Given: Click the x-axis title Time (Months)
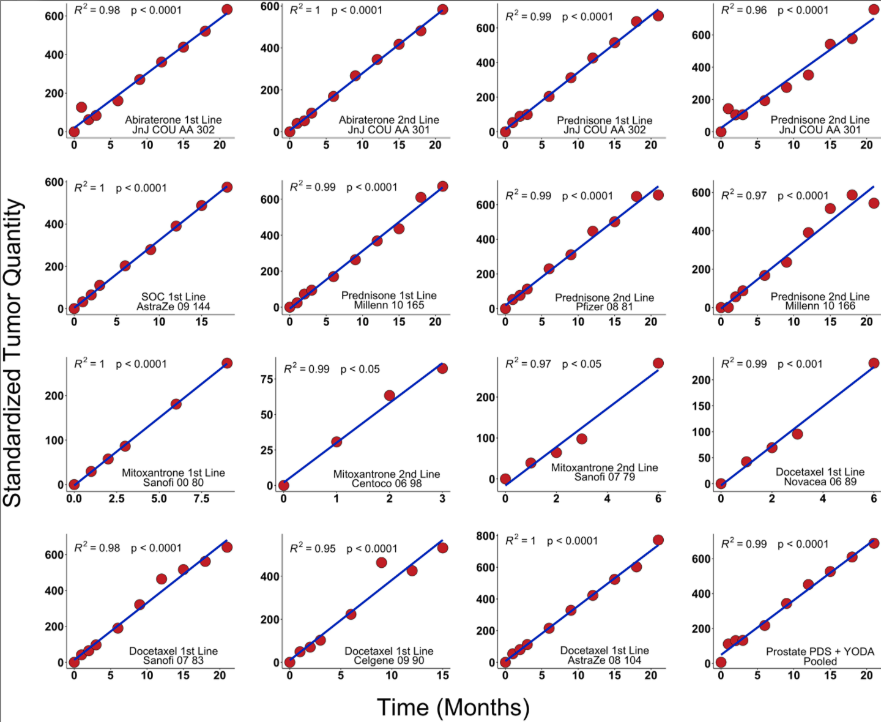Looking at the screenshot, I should pos(453,707).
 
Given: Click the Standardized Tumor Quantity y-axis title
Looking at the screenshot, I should pos(13,353).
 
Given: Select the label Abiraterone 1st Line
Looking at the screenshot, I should pos(173,120).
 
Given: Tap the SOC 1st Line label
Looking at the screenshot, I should pos(173,297).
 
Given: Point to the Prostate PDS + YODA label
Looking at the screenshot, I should pos(820,652).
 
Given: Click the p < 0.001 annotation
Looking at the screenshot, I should pos(800,364).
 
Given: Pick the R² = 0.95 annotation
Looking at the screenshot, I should pos(313,548).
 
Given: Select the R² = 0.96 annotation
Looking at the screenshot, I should pos(743,10).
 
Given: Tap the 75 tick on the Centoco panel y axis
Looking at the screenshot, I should pos(267,379).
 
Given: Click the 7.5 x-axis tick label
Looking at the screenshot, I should pos(201,499).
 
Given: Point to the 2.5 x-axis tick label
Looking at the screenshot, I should pos(116,499).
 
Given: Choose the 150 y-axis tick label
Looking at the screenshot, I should pos(702,406).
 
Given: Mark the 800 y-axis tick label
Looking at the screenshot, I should pos(486,536).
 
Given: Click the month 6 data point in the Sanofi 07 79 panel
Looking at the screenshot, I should pos(658,363).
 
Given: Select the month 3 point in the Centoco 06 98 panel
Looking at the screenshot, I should pos(442,368).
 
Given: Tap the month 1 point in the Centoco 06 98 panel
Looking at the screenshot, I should pos(336,442).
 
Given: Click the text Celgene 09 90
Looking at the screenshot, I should pos(388,661).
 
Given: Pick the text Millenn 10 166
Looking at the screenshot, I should pos(820,306).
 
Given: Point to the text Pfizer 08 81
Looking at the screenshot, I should pos(604,307).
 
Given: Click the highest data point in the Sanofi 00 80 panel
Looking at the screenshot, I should pos(227,363).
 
